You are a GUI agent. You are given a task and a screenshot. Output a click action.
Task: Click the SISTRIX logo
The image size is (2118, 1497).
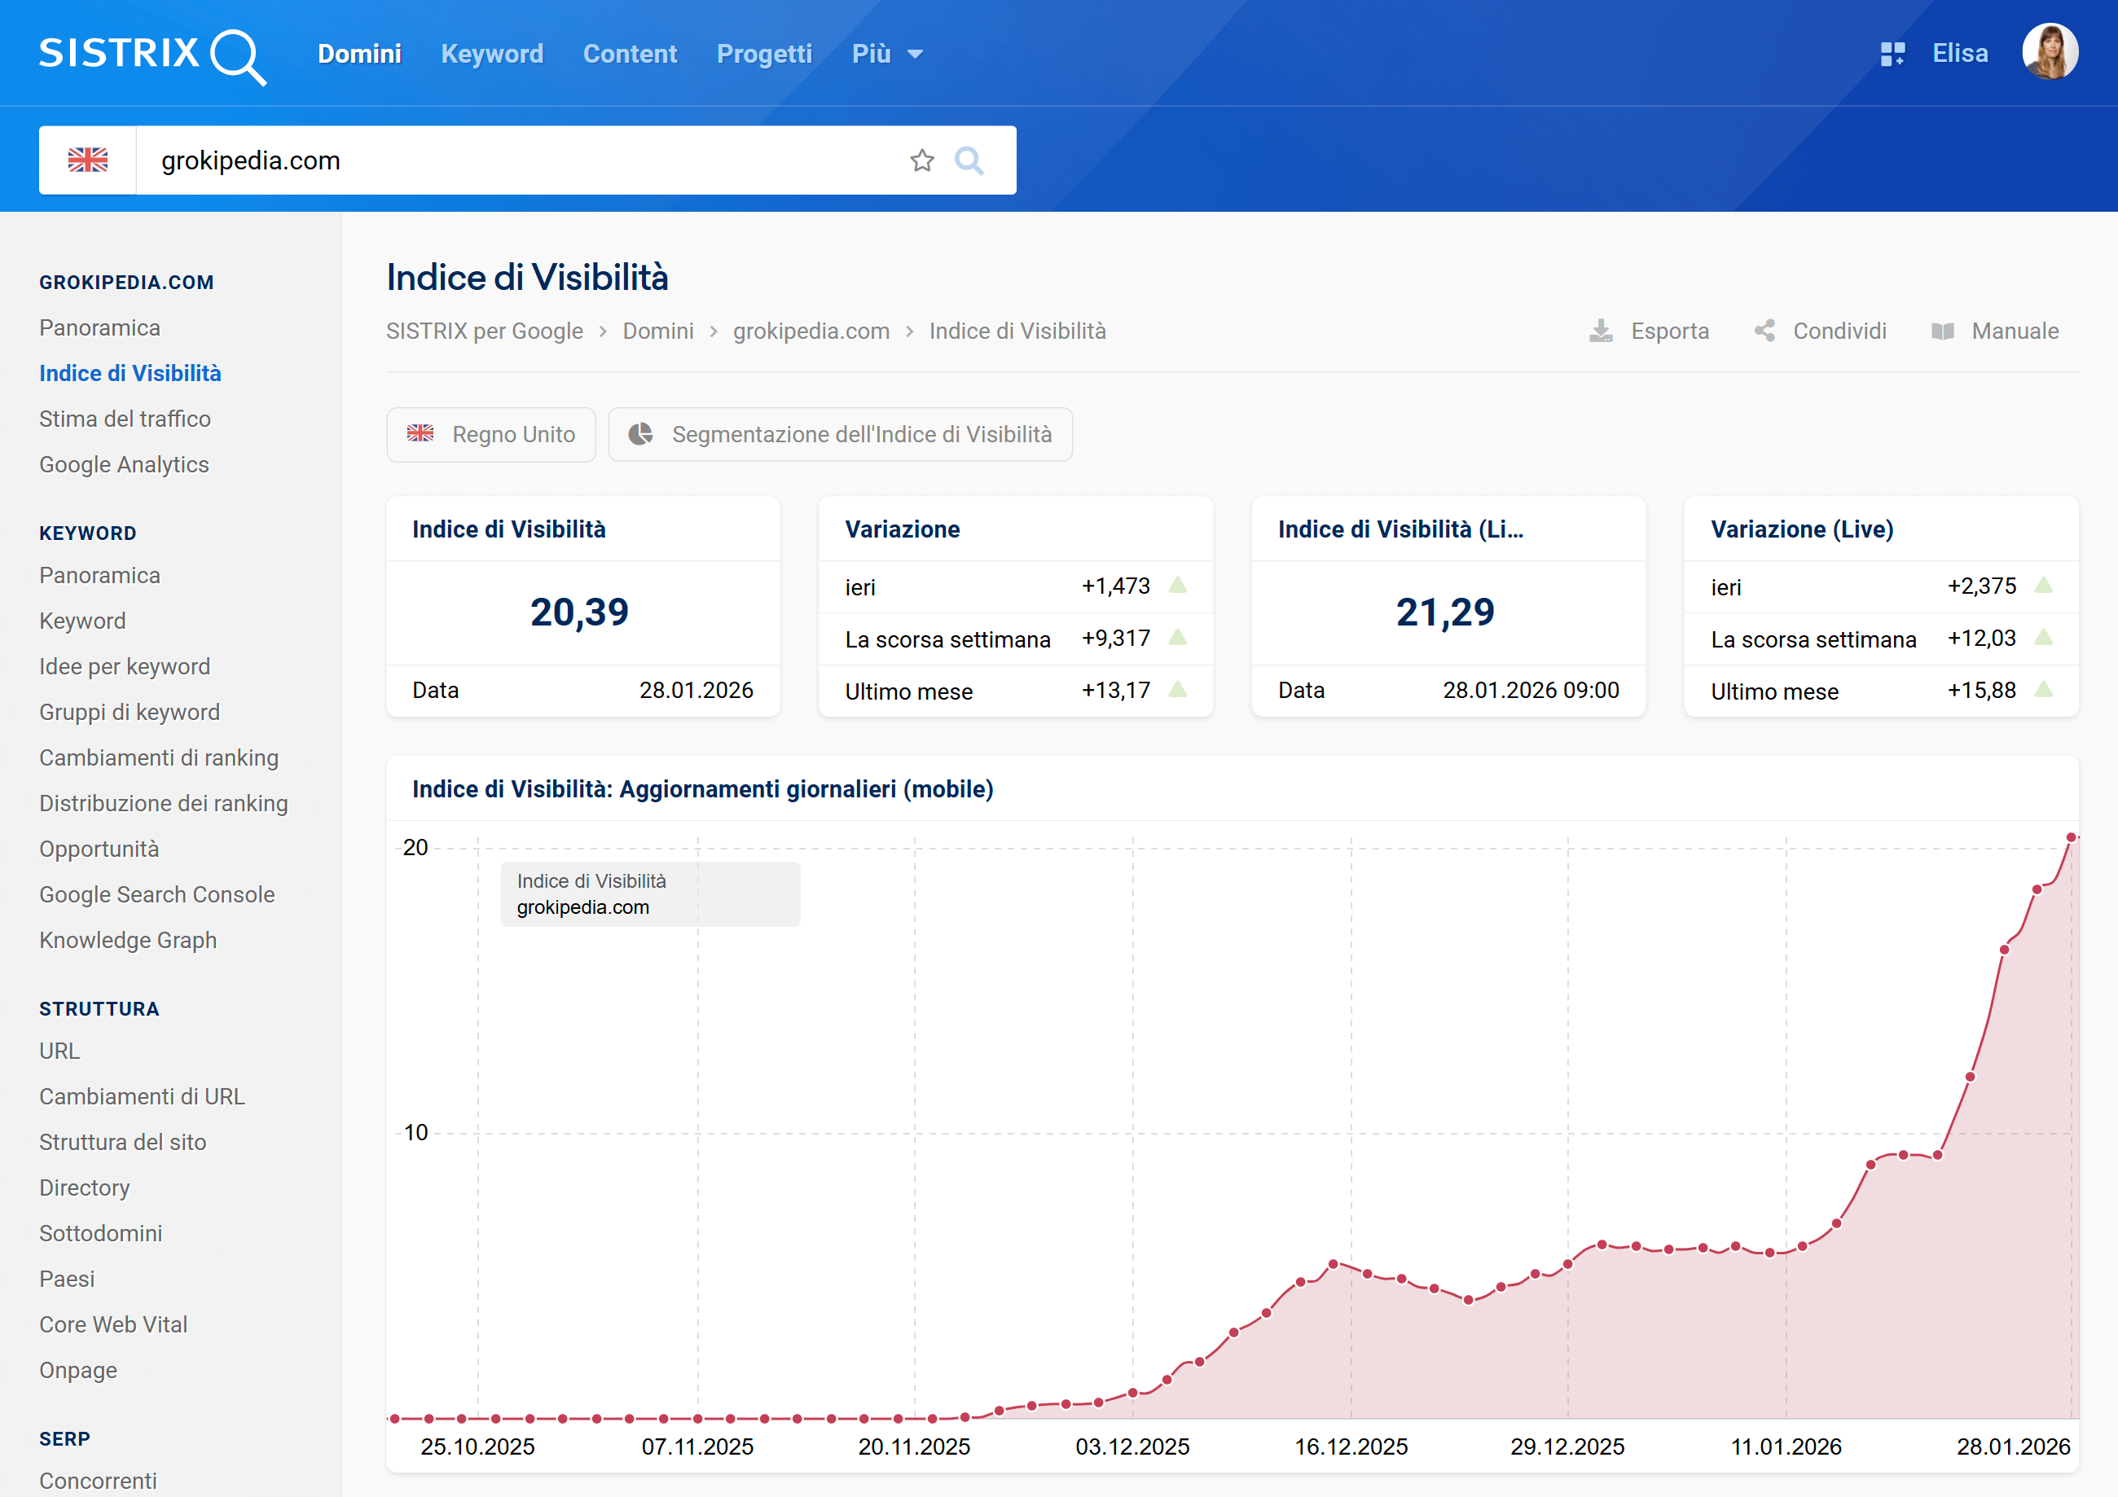coord(152,55)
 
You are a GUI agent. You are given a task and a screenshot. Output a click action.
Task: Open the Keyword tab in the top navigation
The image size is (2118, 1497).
coord(492,54)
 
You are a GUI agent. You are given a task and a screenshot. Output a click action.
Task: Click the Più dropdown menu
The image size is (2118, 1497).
coord(886,54)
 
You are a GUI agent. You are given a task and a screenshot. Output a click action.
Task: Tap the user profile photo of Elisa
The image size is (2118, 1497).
coord(2049,53)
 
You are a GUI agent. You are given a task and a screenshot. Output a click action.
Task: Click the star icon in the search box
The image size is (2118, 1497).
coord(921,160)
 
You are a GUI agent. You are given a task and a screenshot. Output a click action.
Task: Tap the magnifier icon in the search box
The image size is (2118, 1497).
coord(969,160)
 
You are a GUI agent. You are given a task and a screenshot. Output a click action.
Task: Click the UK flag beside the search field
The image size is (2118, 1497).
coord(88,160)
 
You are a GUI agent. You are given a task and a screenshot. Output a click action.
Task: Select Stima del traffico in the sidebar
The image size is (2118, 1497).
coord(125,419)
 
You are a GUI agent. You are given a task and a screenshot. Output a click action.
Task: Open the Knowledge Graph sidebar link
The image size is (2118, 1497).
coord(128,940)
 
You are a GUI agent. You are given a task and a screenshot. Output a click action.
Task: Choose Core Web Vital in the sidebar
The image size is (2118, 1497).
coord(113,1324)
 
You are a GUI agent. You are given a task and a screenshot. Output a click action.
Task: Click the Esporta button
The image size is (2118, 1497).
coord(1650,331)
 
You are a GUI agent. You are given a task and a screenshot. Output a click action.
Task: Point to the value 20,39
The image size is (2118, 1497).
coord(579,612)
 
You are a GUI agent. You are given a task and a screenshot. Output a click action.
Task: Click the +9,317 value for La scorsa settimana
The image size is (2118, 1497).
coord(1115,639)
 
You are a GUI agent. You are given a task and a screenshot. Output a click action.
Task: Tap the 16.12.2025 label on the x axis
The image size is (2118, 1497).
coord(1351,1447)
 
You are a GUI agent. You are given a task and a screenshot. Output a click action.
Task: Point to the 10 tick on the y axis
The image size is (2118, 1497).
coord(416,1133)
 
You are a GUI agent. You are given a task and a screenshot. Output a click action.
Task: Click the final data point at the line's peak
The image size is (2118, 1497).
coord(2071,837)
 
